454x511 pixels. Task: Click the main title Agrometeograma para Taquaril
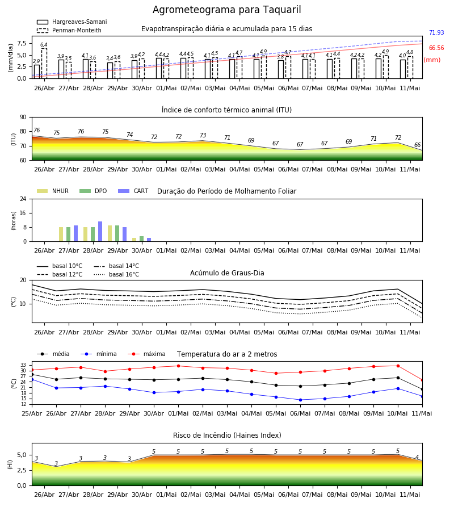coord(226,10)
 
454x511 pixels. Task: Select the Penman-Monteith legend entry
coord(69,30)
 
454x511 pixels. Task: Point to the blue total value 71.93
coord(436,32)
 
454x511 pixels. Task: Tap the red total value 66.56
coord(436,48)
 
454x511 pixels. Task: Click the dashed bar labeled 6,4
coord(44,64)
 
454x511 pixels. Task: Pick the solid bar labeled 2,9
coord(37,72)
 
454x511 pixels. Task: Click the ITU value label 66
coord(417,145)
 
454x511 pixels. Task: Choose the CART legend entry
coord(133,191)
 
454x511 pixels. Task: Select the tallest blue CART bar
coord(100,232)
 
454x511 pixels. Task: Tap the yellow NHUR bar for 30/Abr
coord(134,240)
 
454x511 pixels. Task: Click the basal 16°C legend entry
coord(116,274)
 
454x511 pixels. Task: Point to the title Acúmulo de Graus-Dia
coord(227,273)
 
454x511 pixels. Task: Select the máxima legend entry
coord(146,354)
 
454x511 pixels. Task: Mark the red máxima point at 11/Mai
coord(422,380)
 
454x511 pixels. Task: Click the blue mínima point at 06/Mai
coord(300,400)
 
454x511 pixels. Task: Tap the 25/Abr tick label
coord(32,413)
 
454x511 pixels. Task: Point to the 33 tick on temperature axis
coord(23,365)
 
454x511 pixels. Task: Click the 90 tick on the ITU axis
coord(23,118)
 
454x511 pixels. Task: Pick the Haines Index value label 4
coord(417,457)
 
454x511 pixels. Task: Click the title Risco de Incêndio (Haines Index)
coord(227,435)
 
